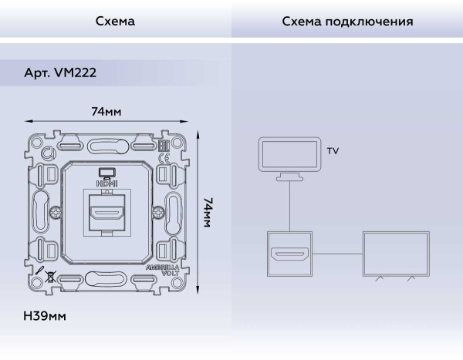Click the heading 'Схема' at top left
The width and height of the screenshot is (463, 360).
pyautogui.click(x=115, y=22)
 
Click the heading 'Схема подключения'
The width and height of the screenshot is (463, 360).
pyautogui.click(x=347, y=22)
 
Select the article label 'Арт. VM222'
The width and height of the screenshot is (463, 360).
pyautogui.click(x=60, y=72)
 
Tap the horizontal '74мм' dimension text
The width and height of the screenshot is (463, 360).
pyautogui.click(x=106, y=111)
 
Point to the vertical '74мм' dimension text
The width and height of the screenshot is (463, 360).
pyautogui.click(x=208, y=211)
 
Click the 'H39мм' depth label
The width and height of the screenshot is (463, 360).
pyautogui.click(x=45, y=316)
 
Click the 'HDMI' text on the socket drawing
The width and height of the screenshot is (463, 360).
pyautogui.click(x=106, y=183)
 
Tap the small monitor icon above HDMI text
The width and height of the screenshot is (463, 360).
pyautogui.click(x=106, y=173)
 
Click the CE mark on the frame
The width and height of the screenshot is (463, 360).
pyautogui.click(x=163, y=160)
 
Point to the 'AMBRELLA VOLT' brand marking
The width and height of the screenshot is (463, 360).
pyautogui.click(x=164, y=271)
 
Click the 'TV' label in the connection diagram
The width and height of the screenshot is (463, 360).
pyautogui.click(x=333, y=151)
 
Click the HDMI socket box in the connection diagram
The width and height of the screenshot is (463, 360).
pyautogui.click(x=289, y=254)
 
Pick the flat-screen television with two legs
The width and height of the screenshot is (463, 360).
pyautogui.click(x=396, y=254)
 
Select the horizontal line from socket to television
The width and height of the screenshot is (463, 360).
pyautogui.click(x=337, y=254)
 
